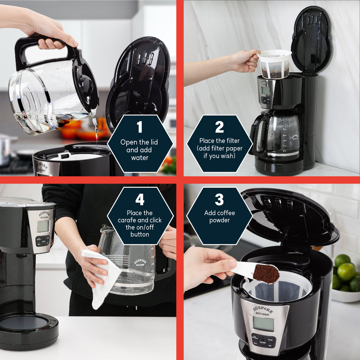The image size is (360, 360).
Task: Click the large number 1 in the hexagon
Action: tap(140, 127)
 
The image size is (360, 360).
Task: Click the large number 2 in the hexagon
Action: tap(219, 127)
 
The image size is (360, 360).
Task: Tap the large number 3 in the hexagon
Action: tap(219, 200)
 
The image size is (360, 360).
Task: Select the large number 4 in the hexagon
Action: tap(140, 200)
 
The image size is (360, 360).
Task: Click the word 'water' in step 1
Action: tap(140, 158)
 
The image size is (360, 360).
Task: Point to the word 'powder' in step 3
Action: tap(219, 220)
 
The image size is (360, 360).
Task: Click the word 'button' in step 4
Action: tap(140, 234)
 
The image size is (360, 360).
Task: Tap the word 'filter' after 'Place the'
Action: tap(232, 141)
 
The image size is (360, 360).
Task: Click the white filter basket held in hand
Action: tap(275, 64)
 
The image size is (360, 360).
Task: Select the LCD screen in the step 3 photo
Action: tap(263, 324)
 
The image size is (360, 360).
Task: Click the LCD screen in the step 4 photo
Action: tap(43, 226)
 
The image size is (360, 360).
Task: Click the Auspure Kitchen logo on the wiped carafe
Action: tap(140, 262)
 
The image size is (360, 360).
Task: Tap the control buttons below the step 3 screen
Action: tap(263, 342)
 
